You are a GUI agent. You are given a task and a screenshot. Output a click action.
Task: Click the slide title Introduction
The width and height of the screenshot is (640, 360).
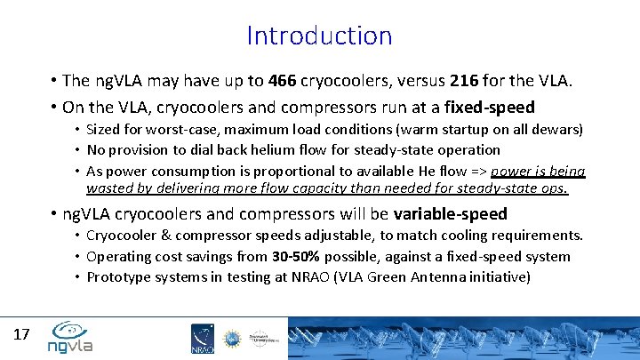(x=319, y=36)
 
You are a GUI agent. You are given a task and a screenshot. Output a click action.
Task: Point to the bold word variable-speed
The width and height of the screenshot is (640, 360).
(x=452, y=214)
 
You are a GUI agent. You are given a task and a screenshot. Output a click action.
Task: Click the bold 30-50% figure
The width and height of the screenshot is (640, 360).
(x=297, y=256)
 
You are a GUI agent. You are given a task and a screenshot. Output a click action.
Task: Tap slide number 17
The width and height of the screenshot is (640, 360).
(x=22, y=335)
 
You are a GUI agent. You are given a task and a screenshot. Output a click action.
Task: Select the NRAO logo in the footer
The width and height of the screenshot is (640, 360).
(x=202, y=339)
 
